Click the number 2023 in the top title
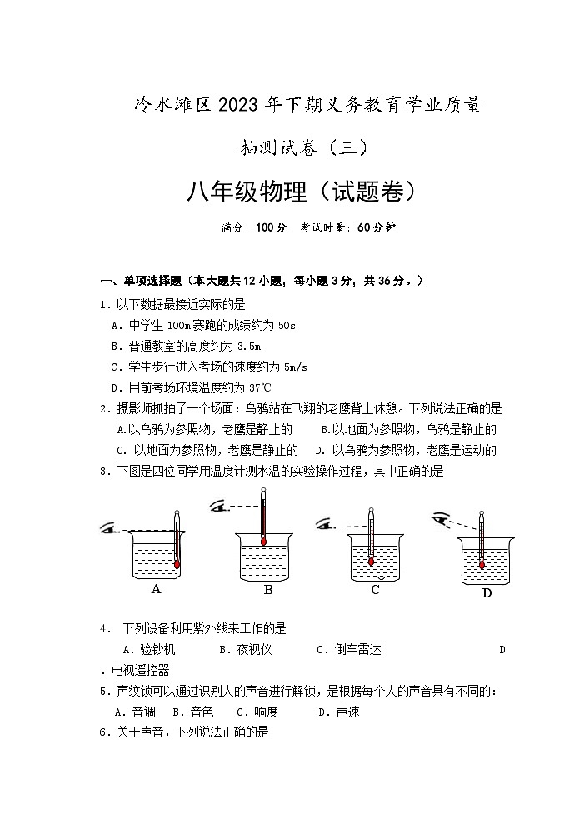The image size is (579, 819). [238, 105]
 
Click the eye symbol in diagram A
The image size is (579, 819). [108, 527]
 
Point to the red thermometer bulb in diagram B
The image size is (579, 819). [263, 542]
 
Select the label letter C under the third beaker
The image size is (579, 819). [375, 590]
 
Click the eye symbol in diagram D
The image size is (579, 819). [440, 520]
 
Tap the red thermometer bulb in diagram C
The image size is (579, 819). [371, 561]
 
